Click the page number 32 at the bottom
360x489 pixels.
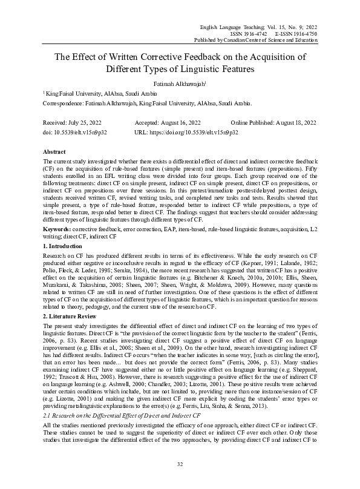180,464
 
